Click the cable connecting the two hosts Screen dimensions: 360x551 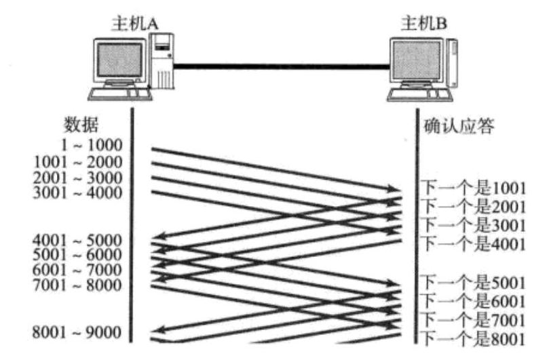[x=282, y=66]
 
